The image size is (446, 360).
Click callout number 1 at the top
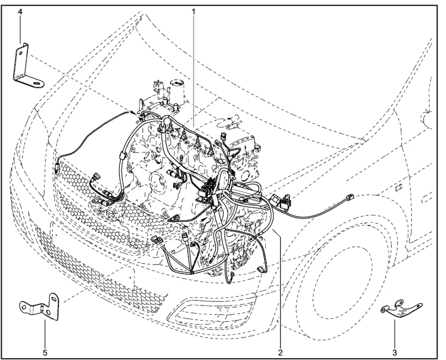pyautogui.click(x=193, y=12)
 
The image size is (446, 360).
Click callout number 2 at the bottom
pyautogui.click(x=280, y=352)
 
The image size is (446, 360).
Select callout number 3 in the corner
pyautogui.click(x=394, y=352)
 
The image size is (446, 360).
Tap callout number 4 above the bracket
pyautogui.click(x=20, y=12)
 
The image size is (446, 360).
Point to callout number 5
pyautogui.click(x=45, y=352)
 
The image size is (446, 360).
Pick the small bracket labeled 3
pyautogui.click(x=401, y=310)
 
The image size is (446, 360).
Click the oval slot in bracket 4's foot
pyautogui.click(x=36, y=83)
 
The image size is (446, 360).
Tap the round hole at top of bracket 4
pyautogui.click(x=20, y=53)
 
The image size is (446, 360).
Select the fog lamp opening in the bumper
pyautogui.click(x=212, y=311)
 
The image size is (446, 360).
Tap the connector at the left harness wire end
pyautogui.click(x=57, y=168)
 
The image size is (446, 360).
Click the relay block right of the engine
pyautogui.click(x=282, y=200)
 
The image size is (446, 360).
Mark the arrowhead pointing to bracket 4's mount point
pyautogui.click(x=133, y=112)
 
